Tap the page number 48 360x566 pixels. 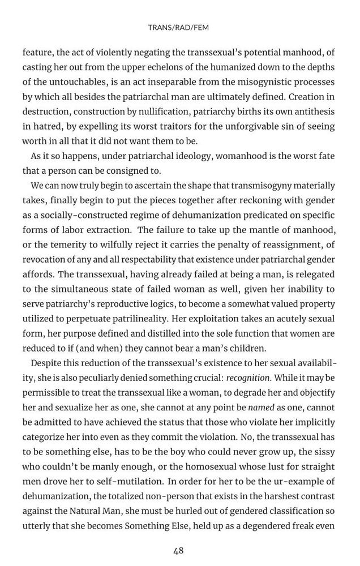pyautogui.click(x=178, y=550)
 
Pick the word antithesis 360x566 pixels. pyautogui.click(x=309, y=111)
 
